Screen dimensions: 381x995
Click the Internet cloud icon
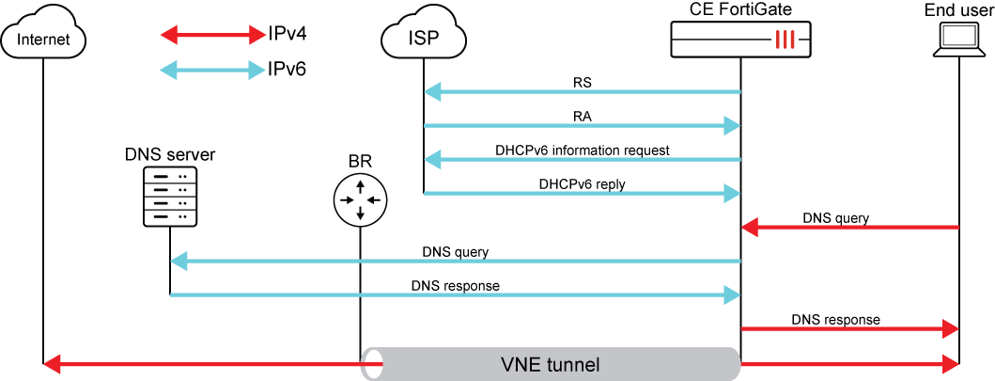(x=43, y=38)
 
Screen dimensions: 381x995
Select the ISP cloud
(x=424, y=38)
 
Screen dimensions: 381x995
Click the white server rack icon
(x=170, y=197)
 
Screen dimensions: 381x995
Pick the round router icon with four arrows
(x=360, y=200)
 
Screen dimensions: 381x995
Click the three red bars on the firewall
(x=785, y=40)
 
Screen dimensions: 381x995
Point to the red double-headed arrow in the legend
(x=213, y=36)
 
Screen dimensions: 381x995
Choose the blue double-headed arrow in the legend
(x=213, y=70)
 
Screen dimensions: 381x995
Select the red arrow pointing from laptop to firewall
(x=850, y=228)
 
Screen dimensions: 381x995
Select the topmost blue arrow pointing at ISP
(x=583, y=92)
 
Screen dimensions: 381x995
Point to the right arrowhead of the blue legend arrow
(x=257, y=70)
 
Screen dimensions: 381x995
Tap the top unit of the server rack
(x=170, y=176)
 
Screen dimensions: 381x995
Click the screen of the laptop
(x=958, y=36)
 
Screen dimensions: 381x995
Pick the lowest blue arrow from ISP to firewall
(x=583, y=194)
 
